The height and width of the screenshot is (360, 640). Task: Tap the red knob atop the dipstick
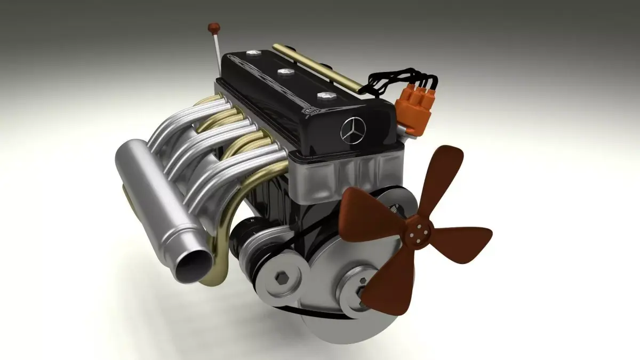coord(214,27)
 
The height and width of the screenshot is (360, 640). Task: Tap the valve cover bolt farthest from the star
coord(253,53)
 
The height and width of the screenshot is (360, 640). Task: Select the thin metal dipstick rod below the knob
coord(217,53)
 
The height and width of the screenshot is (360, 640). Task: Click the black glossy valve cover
coord(299,101)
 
